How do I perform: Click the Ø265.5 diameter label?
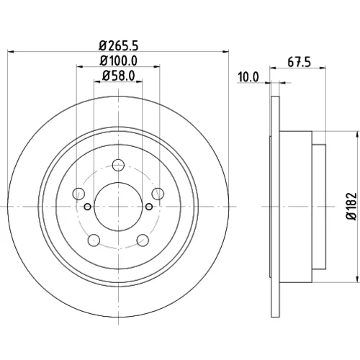(x=119, y=45)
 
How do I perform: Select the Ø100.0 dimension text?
(x=119, y=60)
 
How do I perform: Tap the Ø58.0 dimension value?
(x=119, y=76)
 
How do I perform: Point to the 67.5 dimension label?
(x=299, y=62)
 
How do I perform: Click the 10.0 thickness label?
(x=248, y=77)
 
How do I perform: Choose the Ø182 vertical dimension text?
(x=351, y=206)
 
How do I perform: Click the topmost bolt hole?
(x=118, y=165)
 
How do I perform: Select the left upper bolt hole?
(x=78, y=194)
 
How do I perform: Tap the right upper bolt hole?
(x=158, y=194)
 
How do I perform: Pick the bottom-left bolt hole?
(x=94, y=240)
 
